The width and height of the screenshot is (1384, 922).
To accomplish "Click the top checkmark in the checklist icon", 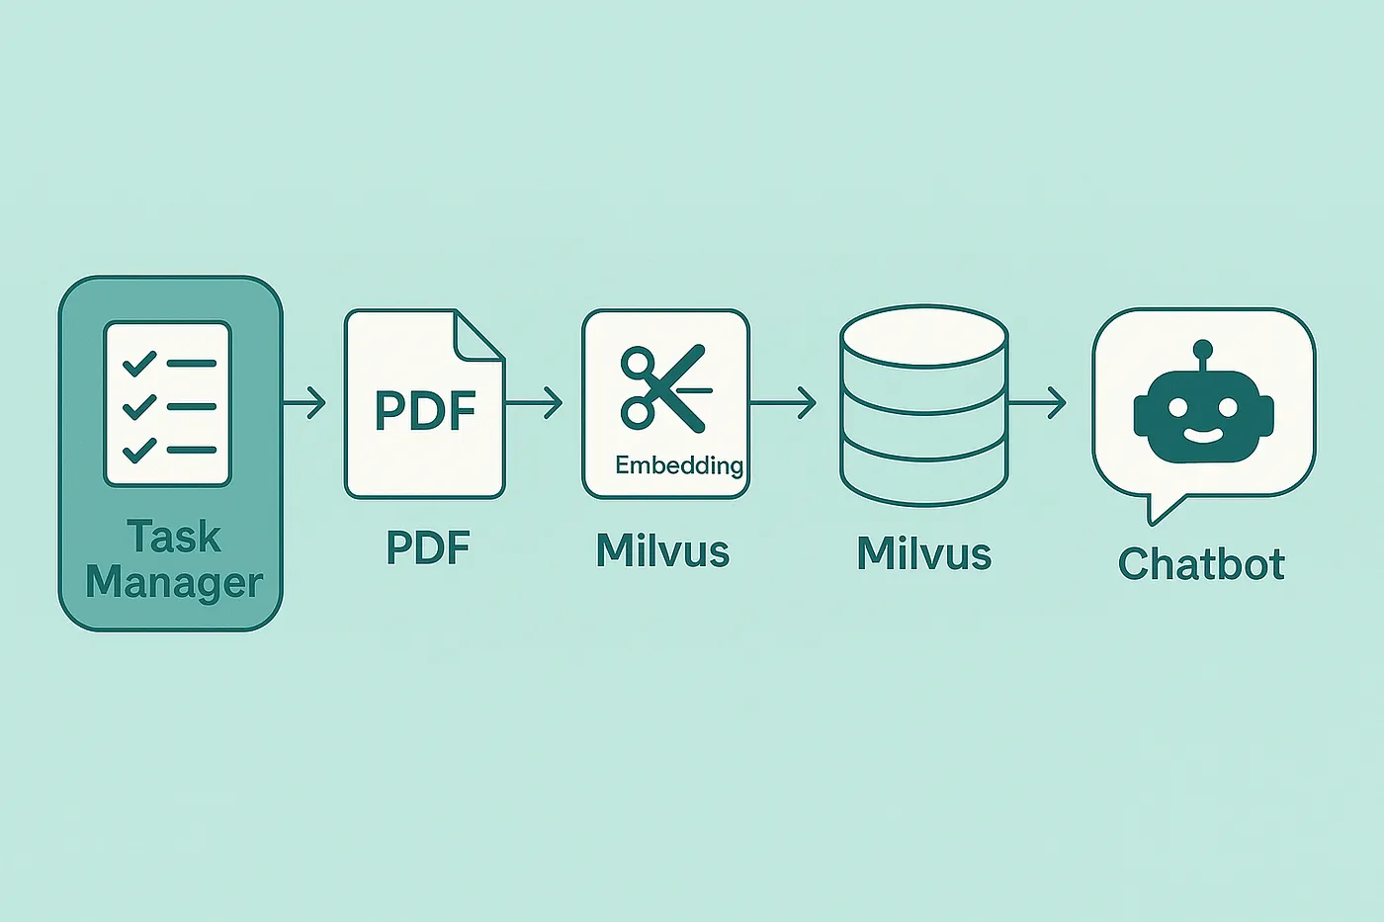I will point(139,363).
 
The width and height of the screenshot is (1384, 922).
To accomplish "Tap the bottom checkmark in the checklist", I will point(139,450).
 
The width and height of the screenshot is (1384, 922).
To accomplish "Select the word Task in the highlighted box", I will point(174,538).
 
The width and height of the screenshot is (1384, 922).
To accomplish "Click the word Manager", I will point(174,583).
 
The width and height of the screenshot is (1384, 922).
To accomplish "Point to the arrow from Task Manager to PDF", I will point(305,403).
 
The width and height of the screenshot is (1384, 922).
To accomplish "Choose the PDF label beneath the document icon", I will point(427,547).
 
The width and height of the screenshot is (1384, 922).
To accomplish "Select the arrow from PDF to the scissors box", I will point(535,403).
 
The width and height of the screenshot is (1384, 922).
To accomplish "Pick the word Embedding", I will point(679,464).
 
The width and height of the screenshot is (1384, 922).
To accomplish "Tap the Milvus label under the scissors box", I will point(662,551).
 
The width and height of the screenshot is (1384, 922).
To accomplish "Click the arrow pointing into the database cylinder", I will point(785,403).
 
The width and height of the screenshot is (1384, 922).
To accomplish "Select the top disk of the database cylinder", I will point(923,336).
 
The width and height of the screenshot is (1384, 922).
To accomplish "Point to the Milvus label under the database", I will point(923,554).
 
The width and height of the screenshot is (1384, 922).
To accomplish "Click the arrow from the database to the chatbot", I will point(1038,403).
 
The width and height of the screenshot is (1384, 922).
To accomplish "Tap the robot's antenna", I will point(1202,356).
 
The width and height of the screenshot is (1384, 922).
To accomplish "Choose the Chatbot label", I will point(1201,564).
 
